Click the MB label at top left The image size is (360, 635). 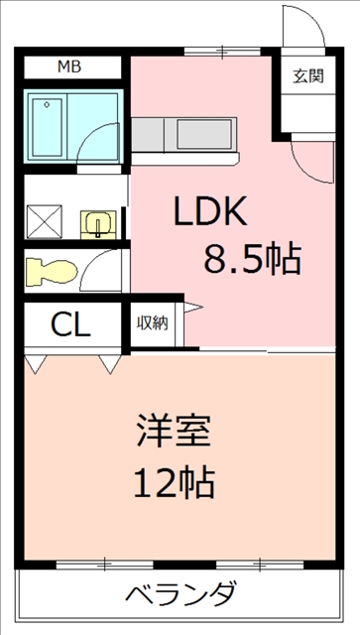coord(68,66)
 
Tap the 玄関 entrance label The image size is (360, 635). coord(308,75)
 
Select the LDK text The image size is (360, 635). coord(210,211)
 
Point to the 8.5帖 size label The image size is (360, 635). coord(253,259)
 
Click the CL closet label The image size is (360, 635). coord(70,324)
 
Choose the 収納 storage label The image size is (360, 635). coord(152,322)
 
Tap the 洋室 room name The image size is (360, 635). coord(174,431)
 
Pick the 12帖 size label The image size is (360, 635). coord(174,482)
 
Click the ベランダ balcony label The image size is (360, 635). coord(180,592)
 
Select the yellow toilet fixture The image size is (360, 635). coord(52,271)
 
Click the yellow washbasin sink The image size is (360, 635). coord(98,225)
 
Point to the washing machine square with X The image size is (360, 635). coord(45,221)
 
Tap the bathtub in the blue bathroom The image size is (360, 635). coord(47,126)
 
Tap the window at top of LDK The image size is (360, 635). coord(222,51)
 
